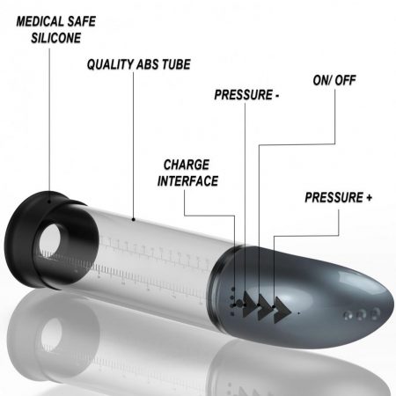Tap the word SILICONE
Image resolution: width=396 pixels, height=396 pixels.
pos(56,38)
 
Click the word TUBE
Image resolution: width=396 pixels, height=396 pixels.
pos(176,64)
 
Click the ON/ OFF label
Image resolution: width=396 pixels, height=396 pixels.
pos(334,80)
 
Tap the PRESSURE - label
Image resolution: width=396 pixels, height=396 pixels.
pos(246,95)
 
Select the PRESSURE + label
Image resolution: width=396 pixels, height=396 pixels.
pos(339,197)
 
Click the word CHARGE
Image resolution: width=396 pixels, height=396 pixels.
pos(187,165)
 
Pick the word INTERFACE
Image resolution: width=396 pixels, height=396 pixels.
pos(187,181)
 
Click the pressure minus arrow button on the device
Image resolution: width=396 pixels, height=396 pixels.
pos(249,304)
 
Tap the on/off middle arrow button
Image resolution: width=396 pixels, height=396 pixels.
pos(265,307)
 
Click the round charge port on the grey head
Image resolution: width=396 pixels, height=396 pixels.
pos(239,304)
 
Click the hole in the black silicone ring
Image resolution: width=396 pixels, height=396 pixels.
pos(50,240)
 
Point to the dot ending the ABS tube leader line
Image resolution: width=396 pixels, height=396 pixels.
pos(134,219)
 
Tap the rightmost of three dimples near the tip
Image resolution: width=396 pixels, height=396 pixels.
pos(375,313)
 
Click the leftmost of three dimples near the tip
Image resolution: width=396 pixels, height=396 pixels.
pos(348,316)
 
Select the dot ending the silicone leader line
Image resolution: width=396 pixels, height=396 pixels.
pos(49,202)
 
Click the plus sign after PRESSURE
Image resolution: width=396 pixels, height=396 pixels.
pos(369,198)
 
